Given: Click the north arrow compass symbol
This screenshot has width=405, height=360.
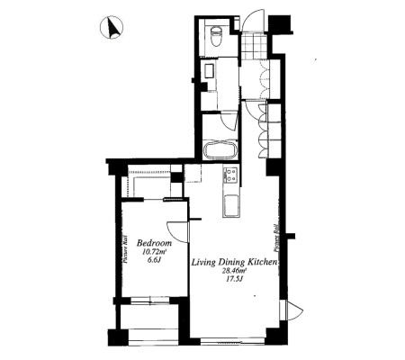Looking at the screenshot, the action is (112, 28).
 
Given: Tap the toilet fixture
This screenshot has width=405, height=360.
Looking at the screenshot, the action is (215, 35).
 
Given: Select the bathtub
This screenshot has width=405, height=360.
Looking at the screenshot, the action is (220, 149).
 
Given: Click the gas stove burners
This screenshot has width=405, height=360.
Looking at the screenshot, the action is (230, 175).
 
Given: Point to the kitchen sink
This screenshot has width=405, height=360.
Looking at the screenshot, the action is (231, 205).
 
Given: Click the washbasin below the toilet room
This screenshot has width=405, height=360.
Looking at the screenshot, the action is (208, 71).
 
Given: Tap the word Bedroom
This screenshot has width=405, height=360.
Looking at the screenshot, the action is (154, 243).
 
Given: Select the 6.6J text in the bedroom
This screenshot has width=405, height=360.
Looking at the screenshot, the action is (152, 260).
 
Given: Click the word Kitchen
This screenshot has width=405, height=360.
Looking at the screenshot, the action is (261, 262).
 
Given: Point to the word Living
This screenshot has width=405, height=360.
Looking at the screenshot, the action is (203, 263).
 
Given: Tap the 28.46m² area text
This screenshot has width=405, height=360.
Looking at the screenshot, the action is (234, 272).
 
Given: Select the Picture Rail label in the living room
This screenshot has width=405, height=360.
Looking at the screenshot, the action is (275, 238).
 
